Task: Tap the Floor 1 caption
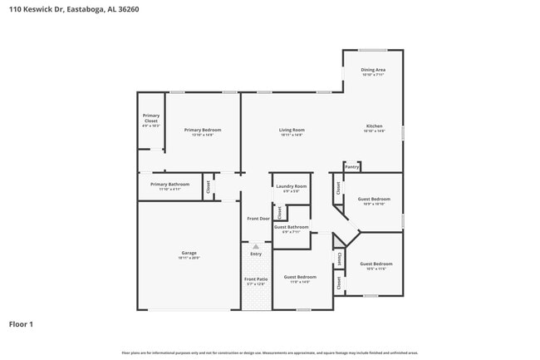point(21,324)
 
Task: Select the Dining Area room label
point(373,70)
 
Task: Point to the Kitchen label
point(374,126)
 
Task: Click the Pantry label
point(352,167)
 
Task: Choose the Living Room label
point(291,130)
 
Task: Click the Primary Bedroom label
point(203,130)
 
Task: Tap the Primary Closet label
point(150,118)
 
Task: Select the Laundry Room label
point(291,186)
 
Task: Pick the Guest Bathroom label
point(292,227)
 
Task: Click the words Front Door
point(258,219)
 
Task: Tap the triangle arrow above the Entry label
point(256,247)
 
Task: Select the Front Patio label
point(256,279)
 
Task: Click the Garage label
point(189,253)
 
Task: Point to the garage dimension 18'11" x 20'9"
point(189,258)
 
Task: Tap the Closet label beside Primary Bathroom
point(208,187)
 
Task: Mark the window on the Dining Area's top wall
point(373,50)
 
